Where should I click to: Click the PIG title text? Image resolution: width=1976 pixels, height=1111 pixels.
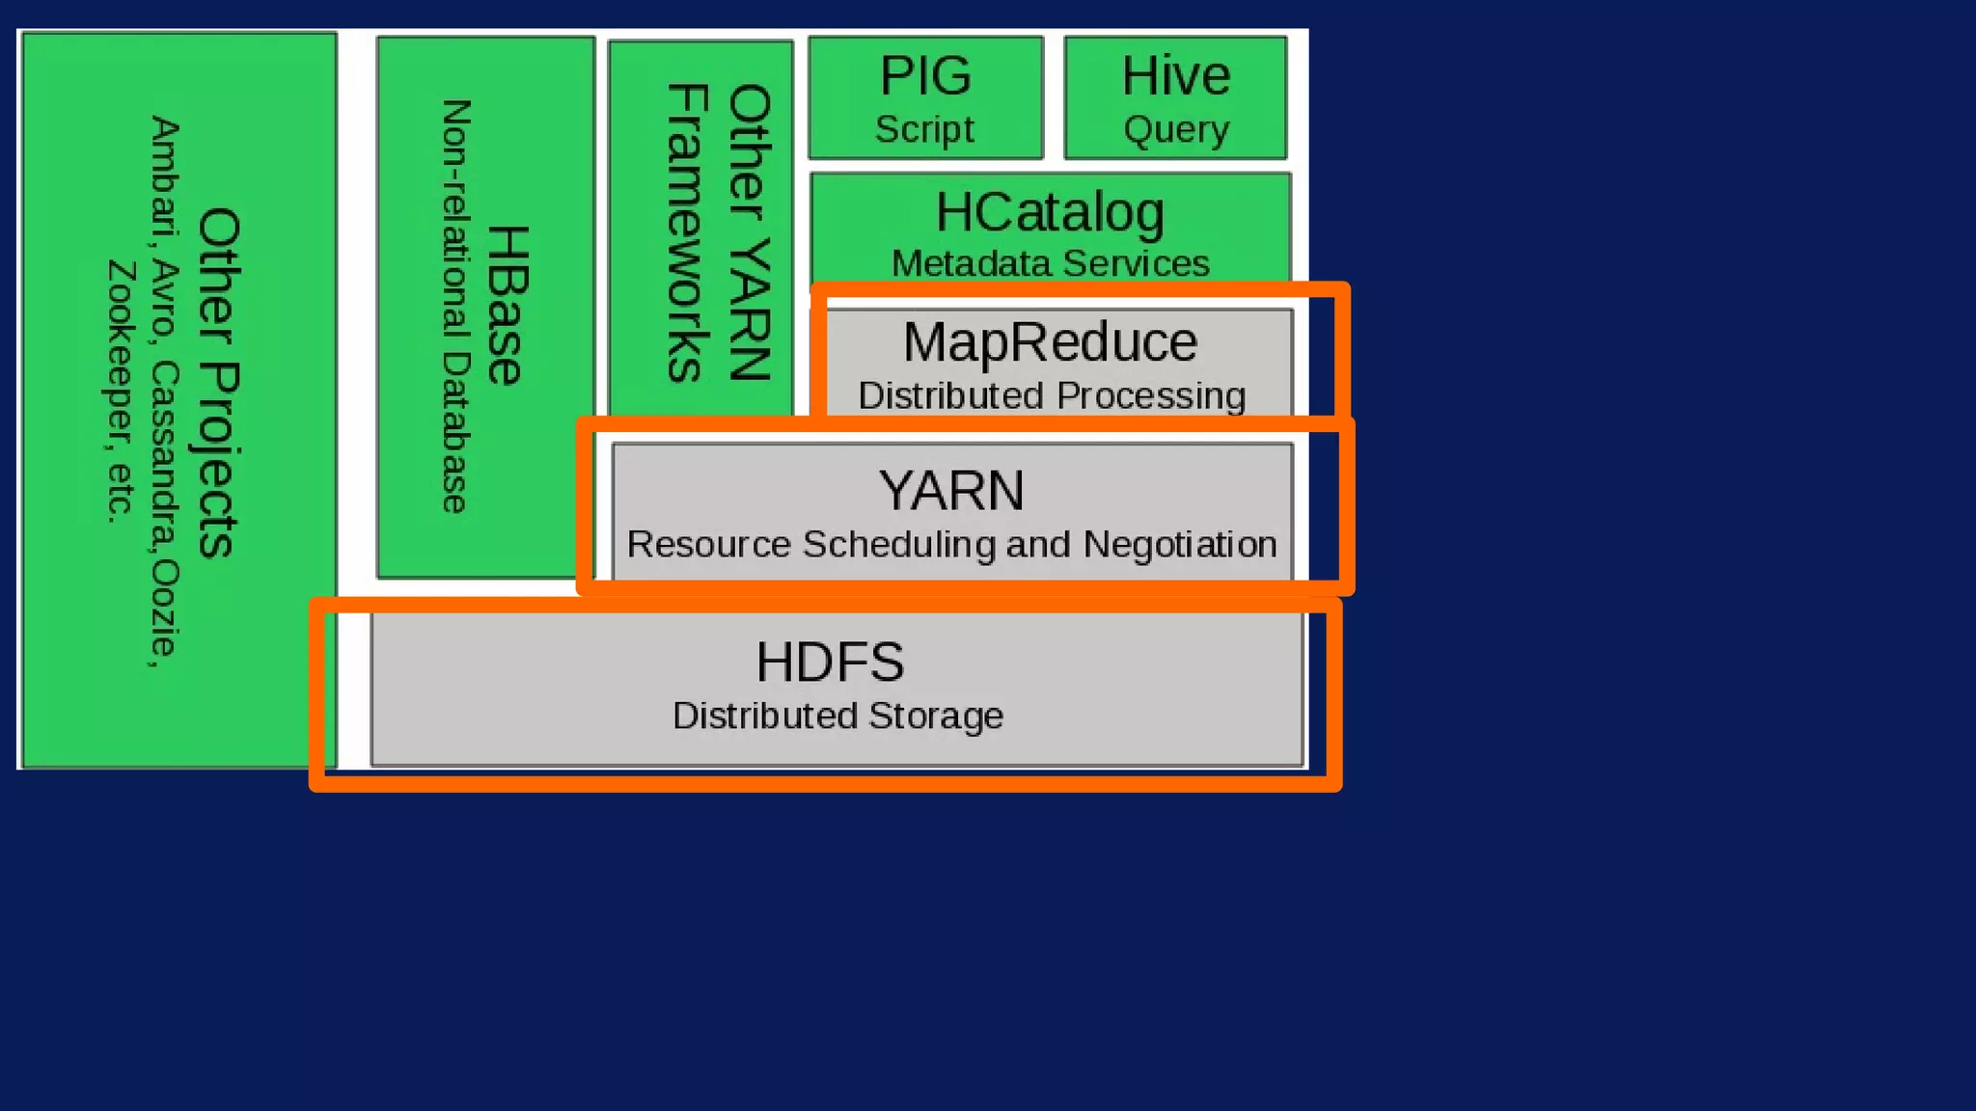click(x=925, y=75)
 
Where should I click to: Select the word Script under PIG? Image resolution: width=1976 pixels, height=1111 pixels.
click(x=924, y=129)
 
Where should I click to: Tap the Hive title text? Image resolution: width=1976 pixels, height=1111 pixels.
click(x=1175, y=75)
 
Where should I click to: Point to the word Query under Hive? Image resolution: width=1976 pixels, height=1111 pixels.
click(x=1176, y=129)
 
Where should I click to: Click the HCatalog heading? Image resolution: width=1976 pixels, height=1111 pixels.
click(x=1050, y=212)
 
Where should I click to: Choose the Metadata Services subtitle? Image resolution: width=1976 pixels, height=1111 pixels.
click(x=1050, y=263)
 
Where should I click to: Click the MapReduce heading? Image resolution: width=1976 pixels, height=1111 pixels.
click(x=1050, y=342)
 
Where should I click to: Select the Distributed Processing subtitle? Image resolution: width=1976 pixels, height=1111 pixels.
click(x=1052, y=395)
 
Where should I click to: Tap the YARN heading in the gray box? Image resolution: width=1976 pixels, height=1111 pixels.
click(x=951, y=491)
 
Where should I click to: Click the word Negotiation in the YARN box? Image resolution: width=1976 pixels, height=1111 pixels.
click(x=1180, y=545)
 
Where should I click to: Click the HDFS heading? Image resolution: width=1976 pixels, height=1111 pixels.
click(x=830, y=663)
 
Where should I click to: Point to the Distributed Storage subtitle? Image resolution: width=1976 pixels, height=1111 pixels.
click(x=837, y=716)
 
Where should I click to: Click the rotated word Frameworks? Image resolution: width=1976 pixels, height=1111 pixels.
click(x=688, y=232)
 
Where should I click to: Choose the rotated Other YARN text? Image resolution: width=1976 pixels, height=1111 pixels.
click(x=750, y=232)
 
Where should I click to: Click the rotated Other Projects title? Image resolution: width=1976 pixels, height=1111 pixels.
click(x=219, y=383)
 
